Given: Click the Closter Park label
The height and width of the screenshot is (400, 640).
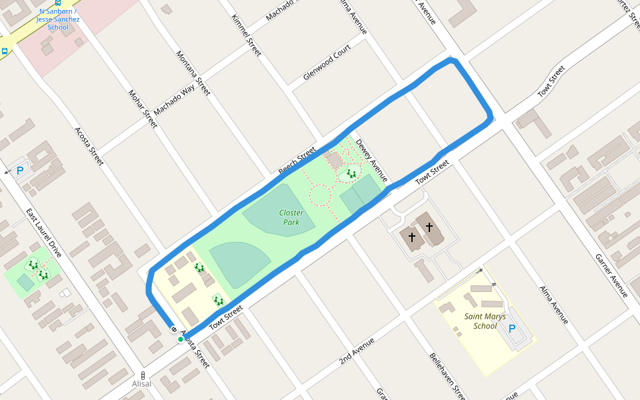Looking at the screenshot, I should tap(291, 217).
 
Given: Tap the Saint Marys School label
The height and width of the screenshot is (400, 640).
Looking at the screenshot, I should tap(485, 321).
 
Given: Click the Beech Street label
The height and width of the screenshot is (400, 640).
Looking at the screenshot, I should tap(297, 161).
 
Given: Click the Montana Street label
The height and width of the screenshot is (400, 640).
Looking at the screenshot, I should tap(193, 73).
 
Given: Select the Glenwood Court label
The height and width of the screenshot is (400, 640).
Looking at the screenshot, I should tap(327, 63).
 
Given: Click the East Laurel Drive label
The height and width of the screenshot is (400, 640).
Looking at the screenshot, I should tap(44, 233).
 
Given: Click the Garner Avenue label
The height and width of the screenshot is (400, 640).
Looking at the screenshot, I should tap(612, 275).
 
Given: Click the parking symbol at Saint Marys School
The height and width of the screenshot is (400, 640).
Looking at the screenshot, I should tap(512, 329).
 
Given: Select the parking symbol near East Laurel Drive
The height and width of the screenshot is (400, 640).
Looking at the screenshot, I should tap(20, 171).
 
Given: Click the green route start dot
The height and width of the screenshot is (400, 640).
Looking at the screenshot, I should tap(181, 339).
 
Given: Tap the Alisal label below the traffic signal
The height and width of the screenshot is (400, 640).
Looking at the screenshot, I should tap(141, 384).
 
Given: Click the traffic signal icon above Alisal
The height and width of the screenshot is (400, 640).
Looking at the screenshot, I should tap(142, 375).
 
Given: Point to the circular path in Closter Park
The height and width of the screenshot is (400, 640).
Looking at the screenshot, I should tap(321, 195).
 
